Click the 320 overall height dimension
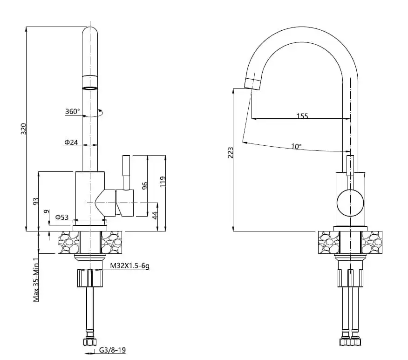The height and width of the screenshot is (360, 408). coord(24,129)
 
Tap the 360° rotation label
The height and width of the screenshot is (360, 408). coord(72,112)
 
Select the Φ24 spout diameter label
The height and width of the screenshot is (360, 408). coord(71,143)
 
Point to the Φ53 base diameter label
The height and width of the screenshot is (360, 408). coord(62,217)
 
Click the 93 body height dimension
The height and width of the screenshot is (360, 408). coord(35,201)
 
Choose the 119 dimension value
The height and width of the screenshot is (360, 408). coord(163,181)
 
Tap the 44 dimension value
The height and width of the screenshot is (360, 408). coord(155,216)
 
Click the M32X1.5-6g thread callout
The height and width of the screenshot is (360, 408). coord(129,266)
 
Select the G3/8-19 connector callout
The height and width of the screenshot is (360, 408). coord(112,351)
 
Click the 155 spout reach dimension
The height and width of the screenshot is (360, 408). coord(302,116)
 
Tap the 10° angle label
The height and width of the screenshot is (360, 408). coord(296,146)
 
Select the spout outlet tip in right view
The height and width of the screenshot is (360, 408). coord(252,84)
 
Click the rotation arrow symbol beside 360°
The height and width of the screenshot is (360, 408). coord(99,112)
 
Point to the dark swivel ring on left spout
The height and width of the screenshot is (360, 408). coord(90,88)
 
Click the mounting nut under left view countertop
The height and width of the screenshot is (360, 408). coord(90,279)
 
